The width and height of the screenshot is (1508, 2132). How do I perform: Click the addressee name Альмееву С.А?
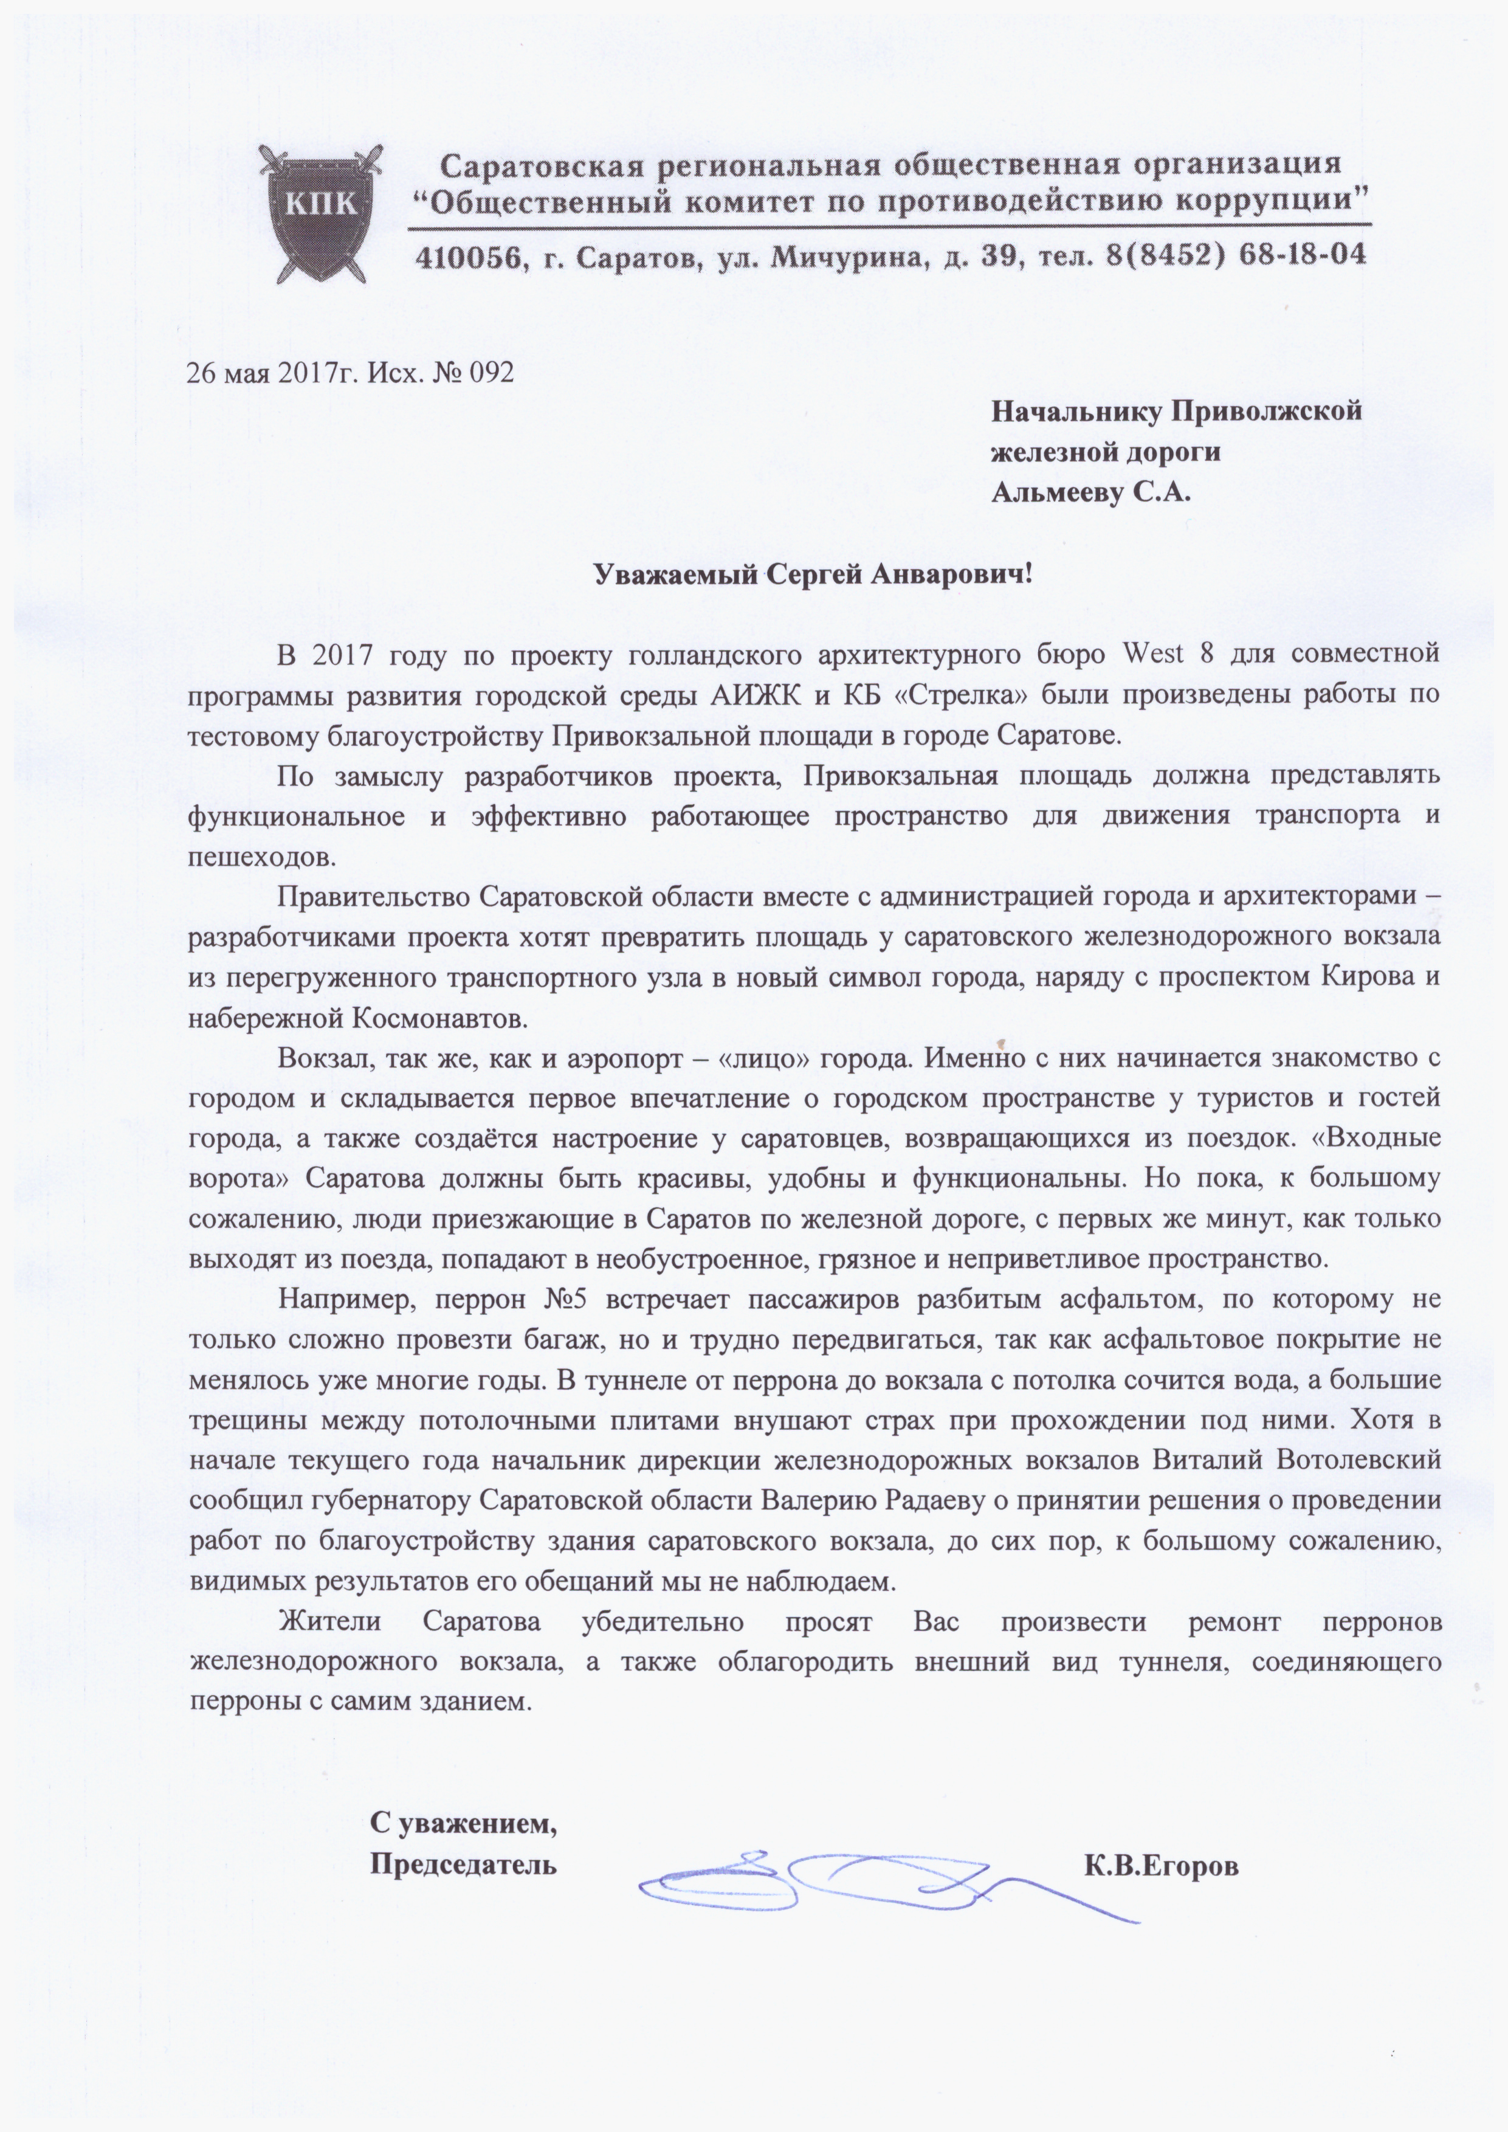click(1090, 492)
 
